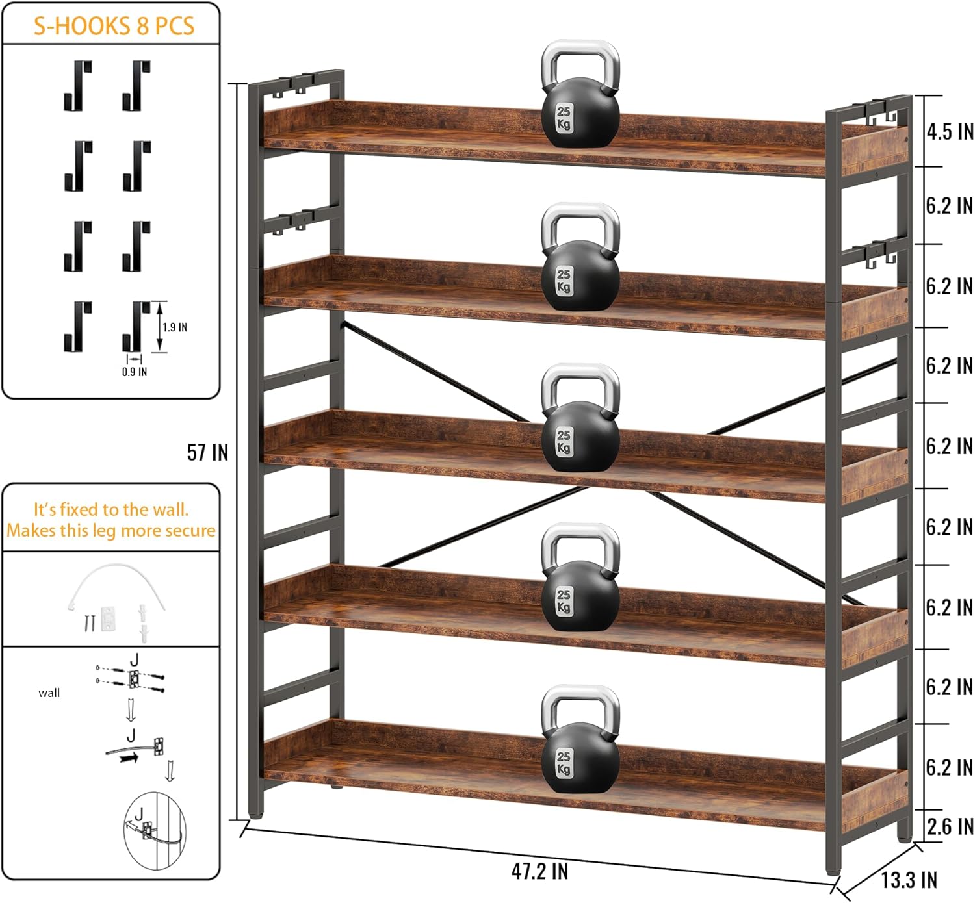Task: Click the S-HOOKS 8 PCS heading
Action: [x=114, y=25]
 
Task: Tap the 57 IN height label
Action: [x=207, y=452]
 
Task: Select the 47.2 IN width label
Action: [x=539, y=871]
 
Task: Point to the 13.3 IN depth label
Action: [x=909, y=880]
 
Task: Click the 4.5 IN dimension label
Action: [x=950, y=132]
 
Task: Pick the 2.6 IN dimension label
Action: [x=950, y=826]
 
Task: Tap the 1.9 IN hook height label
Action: [x=175, y=327]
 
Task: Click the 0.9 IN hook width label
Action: [x=135, y=372]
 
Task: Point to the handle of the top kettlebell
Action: [x=580, y=62]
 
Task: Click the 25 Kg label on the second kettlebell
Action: [x=564, y=280]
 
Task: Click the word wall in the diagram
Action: [x=49, y=693]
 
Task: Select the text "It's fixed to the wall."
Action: [x=111, y=509]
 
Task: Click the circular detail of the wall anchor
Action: [x=154, y=830]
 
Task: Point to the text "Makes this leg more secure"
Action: [x=111, y=531]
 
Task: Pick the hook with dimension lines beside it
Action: [x=136, y=326]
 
